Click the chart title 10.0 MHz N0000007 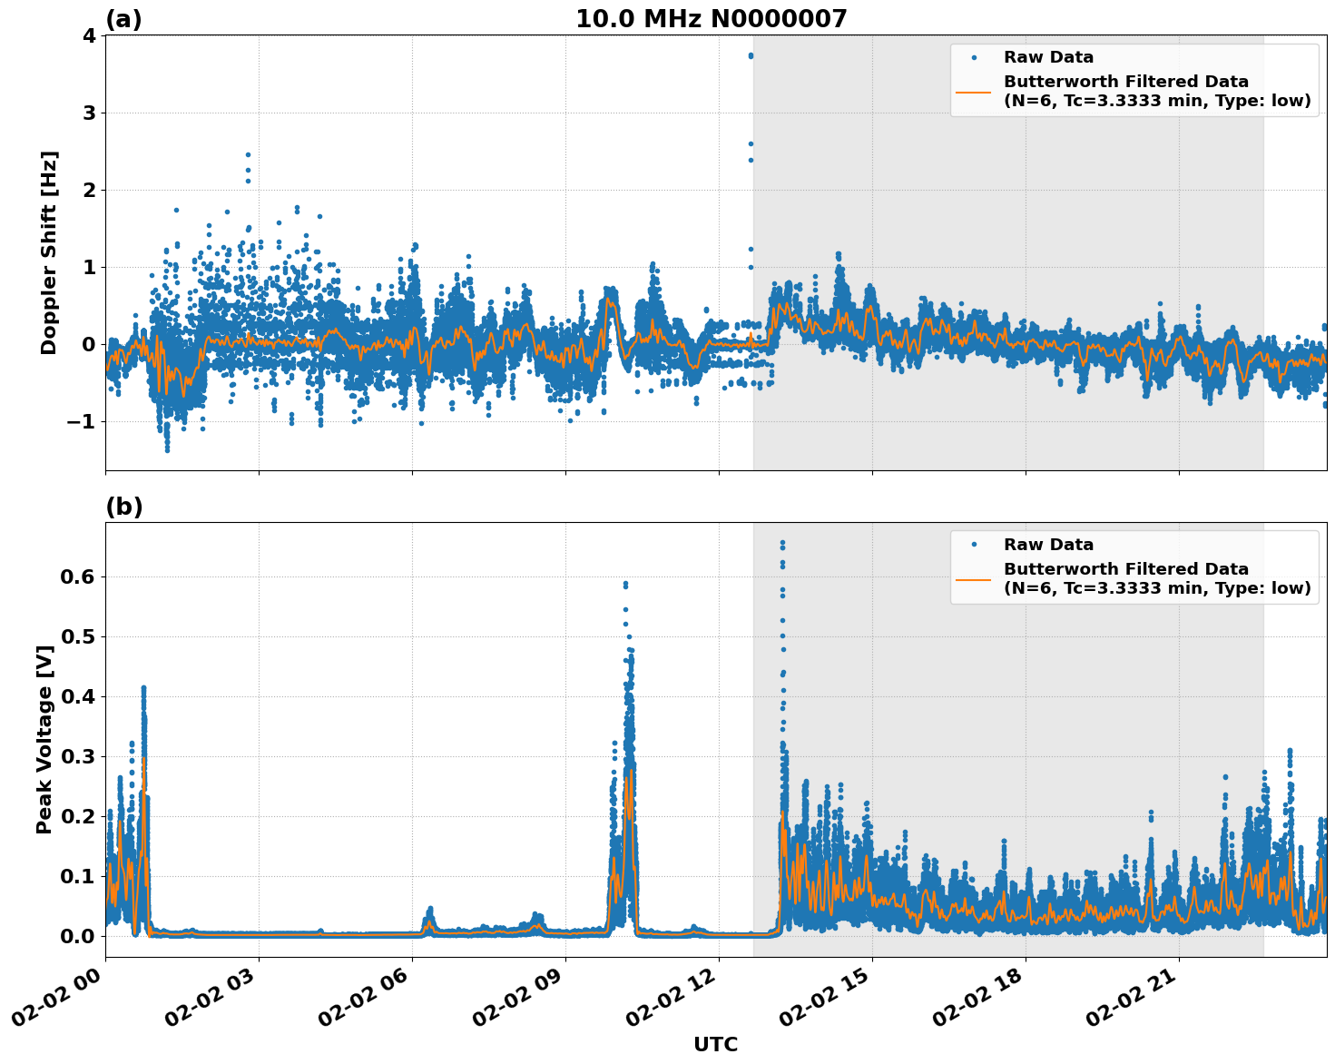pyautogui.click(x=711, y=19)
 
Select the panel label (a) pyautogui.click(x=123, y=19)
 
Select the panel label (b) pyautogui.click(x=123, y=507)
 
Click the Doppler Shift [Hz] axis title pyautogui.click(x=49, y=252)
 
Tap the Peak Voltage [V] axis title pyautogui.click(x=44, y=739)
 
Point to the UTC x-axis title pyautogui.click(x=715, y=1044)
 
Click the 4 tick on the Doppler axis pyautogui.click(x=89, y=35)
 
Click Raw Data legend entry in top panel pyautogui.click(x=1048, y=57)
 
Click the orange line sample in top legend pyautogui.click(x=973, y=91)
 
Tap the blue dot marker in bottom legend pyautogui.click(x=974, y=545)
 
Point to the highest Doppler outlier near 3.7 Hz pyautogui.click(x=751, y=55)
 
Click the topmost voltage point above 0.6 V pyautogui.click(x=782, y=543)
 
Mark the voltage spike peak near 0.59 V pyautogui.click(x=625, y=584)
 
